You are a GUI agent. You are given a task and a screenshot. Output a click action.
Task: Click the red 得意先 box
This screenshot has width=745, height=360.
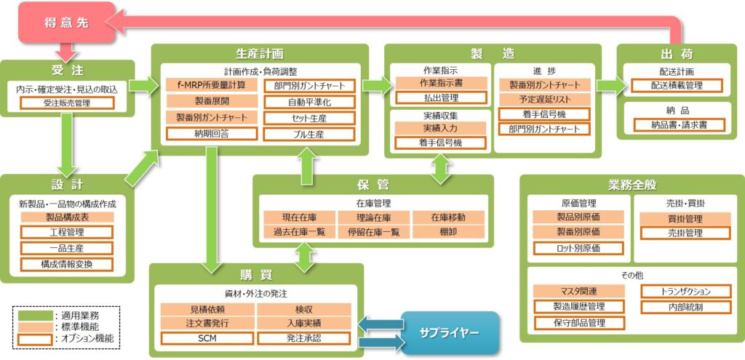tap(66, 23)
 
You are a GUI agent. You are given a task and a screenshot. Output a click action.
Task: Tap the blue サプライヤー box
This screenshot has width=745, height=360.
tap(449, 332)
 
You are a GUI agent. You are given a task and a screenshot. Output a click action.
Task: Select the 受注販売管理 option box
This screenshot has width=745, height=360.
tap(67, 103)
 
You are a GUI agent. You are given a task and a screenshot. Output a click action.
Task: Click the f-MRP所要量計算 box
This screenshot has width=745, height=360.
tap(211, 85)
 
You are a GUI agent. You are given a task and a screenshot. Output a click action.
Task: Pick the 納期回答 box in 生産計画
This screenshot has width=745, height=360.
tap(211, 134)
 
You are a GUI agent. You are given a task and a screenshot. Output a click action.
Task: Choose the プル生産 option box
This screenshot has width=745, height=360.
tap(309, 134)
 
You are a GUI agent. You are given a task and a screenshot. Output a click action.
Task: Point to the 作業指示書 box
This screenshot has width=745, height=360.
tap(440, 83)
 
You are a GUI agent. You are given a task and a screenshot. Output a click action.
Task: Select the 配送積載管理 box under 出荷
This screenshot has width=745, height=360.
tap(677, 86)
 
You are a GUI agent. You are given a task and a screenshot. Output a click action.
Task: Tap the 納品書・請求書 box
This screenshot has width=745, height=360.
tap(677, 124)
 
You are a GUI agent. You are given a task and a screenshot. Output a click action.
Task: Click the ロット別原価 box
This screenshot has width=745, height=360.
tap(578, 248)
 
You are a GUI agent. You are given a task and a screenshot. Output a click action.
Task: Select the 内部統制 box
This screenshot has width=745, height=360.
tap(687, 306)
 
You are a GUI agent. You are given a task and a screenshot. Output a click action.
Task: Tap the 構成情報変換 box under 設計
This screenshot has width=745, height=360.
tap(67, 264)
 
